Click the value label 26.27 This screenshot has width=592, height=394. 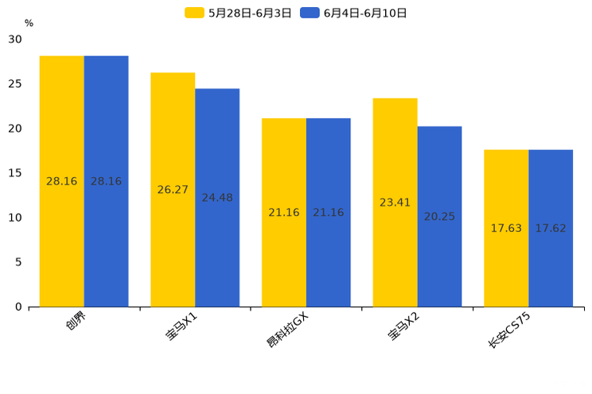coord(173,190)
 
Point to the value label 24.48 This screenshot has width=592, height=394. coord(217,198)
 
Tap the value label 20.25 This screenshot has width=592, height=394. coord(439,217)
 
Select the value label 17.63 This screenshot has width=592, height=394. coord(506,229)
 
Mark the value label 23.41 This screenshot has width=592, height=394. coord(395,203)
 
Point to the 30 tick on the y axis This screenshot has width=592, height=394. coord(16,39)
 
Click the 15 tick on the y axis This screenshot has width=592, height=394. coord(16,173)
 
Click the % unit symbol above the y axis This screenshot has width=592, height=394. coord(29,24)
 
